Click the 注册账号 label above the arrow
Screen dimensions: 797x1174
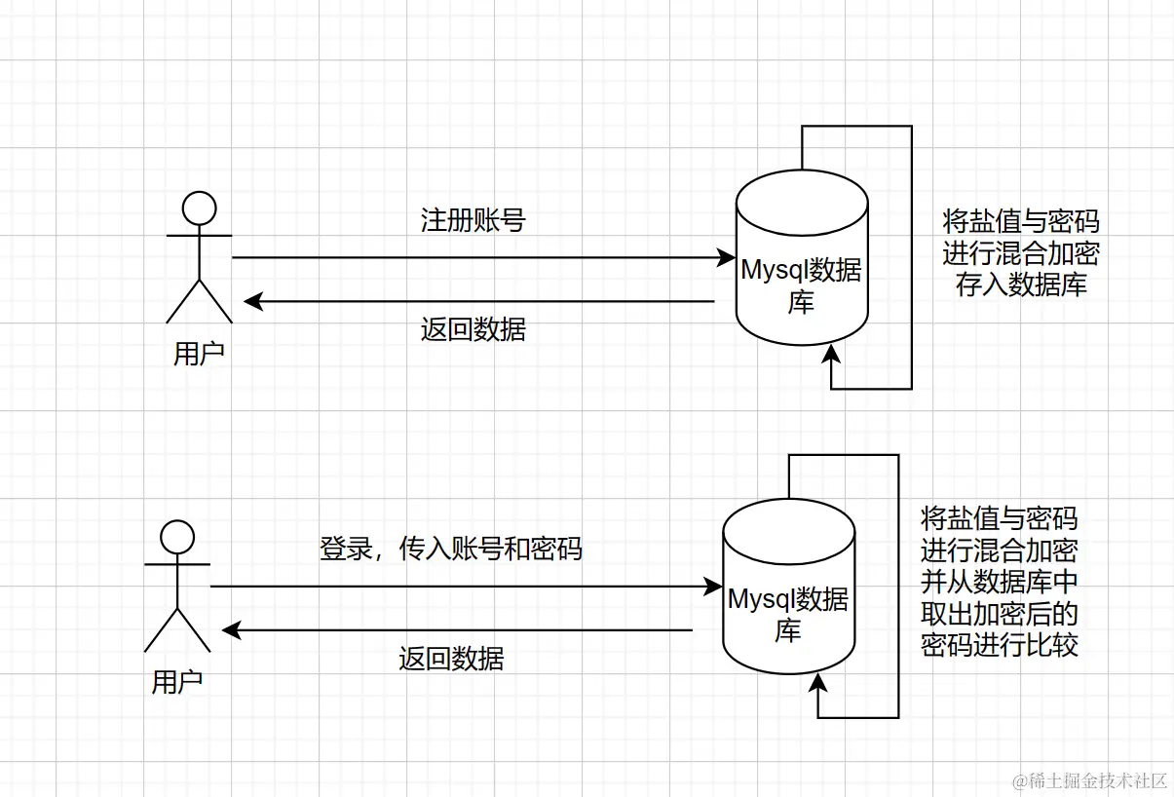click(x=473, y=220)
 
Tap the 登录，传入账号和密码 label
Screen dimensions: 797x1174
click(x=450, y=549)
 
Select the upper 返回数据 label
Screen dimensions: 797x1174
click(x=473, y=329)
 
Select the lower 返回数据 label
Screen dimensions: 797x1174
click(x=450, y=659)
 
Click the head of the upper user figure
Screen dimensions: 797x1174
click(x=200, y=208)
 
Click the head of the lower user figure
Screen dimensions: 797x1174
click(x=177, y=537)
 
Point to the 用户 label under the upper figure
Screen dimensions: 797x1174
click(x=199, y=353)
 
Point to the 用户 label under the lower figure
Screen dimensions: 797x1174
click(x=177, y=682)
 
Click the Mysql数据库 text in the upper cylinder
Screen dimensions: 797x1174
click(x=801, y=285)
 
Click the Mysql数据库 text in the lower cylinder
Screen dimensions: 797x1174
click(x=787, y=614)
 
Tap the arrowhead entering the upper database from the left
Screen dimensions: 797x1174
click(x=726, y=258)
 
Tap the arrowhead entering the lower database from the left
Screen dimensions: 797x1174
click(x=713, y=587)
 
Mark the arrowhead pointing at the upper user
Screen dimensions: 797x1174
click(x=251, y=301)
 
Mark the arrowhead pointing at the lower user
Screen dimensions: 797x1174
click(x=230, y=630)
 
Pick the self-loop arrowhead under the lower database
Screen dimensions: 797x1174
click(x=818, y=682)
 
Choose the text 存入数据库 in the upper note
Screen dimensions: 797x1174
click(x=1021, y=285)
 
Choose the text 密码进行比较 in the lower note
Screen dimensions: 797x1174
click(x=1000, y=645)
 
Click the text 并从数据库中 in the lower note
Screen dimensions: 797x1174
click(x=1000, y=582)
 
